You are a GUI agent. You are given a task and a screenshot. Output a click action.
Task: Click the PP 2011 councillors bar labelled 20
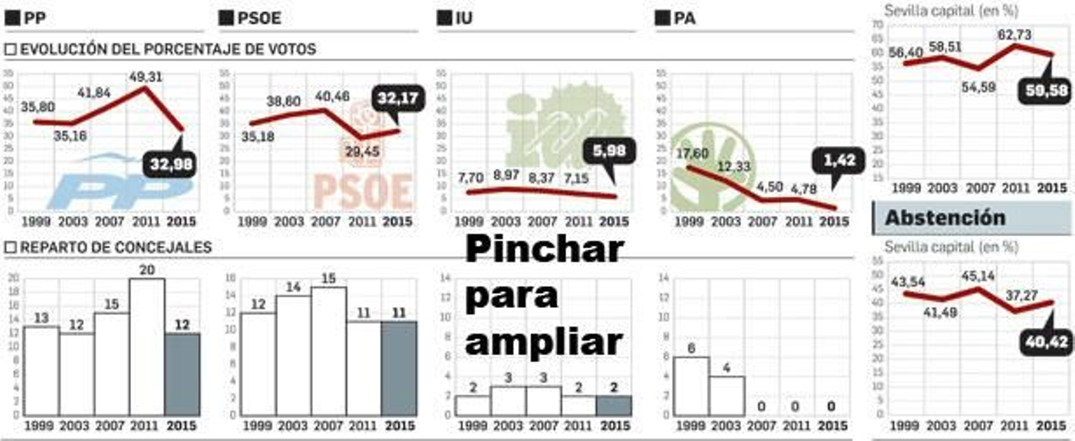tap(147, 346)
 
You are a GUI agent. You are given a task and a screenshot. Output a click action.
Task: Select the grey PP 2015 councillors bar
tap(182, 374)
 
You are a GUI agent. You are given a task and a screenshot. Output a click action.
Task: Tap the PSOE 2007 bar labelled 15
tap(329, 350)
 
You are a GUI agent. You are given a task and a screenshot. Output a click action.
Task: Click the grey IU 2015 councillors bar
tap(613, 405)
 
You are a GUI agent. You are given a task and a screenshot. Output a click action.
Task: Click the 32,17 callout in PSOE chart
tap(398, 99)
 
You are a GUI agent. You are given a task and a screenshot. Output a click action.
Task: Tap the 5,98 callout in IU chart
tap(609, 151)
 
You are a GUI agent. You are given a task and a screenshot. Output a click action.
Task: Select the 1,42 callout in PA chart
tap(840, 161)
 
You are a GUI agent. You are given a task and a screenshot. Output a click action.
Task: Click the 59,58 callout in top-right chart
tap(1046, 90)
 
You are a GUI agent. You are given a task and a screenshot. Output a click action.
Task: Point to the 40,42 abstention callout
tap(1046, 342)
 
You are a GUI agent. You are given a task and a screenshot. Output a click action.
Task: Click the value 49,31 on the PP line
tap(146, 77)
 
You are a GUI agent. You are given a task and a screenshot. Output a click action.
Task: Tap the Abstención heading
tap(945, 218)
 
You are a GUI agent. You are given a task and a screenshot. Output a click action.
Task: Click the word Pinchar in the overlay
tap(544, 249)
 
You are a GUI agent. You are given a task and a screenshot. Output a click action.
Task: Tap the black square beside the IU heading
tap(444, 18)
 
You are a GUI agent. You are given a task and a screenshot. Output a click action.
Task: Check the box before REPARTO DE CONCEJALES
tap(10, 247)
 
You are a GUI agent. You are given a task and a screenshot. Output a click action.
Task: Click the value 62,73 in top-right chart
tap(1014, 34)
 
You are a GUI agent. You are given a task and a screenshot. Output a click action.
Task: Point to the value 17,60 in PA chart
tap(692, 154)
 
